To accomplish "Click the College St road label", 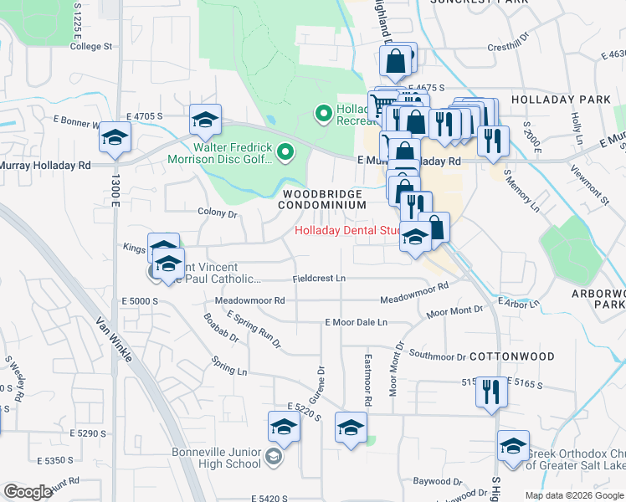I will click(91, 47).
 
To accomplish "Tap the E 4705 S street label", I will click(145, 117).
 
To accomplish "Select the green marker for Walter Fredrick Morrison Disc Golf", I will click(285, 152).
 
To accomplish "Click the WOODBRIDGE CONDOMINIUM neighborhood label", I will click(321, 199).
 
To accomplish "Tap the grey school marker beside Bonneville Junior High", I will click(273, 457).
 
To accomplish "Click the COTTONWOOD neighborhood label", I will click(511, 356).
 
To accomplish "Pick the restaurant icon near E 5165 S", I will click(490, 392).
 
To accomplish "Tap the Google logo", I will click(28, 492).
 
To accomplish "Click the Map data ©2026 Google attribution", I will click(573, 495).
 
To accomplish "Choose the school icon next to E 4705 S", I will click(204, 120).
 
